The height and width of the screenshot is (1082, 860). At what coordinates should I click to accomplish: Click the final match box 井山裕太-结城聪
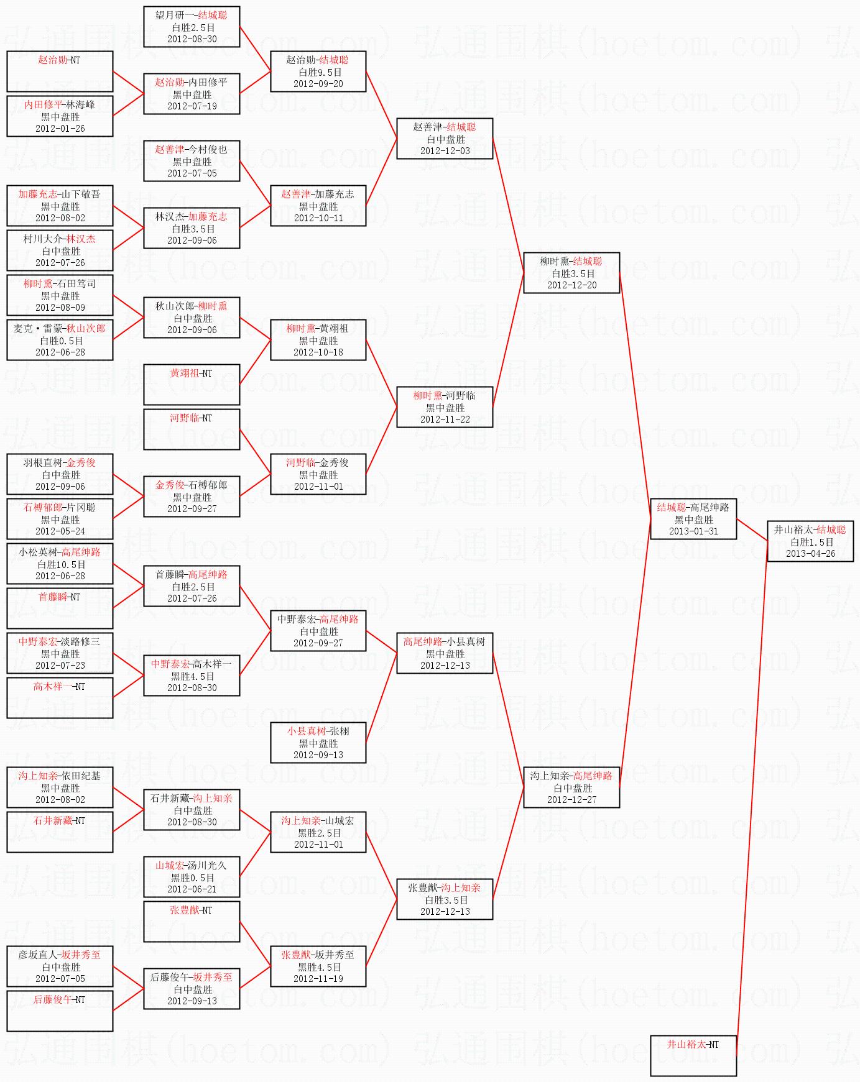click(x=810, y=541)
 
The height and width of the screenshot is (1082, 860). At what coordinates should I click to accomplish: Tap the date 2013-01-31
click(x=693, y=531)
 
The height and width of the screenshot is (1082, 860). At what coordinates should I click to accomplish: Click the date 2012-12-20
click(x=571, y=285)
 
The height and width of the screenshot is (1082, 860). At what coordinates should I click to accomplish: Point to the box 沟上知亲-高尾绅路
click(x=571, y=787)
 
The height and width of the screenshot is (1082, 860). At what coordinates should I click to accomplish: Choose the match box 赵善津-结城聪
click(x=445, y=139)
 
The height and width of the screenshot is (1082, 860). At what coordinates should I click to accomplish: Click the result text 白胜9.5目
click(x=318, y=72)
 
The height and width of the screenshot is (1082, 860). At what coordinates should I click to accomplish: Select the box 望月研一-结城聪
click(x=192, y=27)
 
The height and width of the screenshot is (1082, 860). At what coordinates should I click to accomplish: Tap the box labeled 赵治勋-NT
click(x=60, y=71)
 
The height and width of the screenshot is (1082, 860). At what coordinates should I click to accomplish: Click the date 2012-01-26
click(x=60, y=129)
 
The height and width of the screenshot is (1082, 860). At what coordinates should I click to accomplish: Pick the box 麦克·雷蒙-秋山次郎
click(x=60, y=340)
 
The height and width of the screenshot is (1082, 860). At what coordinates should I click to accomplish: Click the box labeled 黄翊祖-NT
click(x=192, y=385)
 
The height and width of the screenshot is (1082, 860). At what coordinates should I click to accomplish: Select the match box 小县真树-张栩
click(x=318, y=743)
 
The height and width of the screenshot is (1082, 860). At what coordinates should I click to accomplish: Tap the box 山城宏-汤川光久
click(x=192, y=877)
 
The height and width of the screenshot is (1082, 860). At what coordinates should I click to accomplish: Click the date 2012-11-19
click(x=318, y=979)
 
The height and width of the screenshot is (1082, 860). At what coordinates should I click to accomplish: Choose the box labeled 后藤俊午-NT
click(x=60, y=1011)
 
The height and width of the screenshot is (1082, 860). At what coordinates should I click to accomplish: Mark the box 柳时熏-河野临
click(x=445, y=407)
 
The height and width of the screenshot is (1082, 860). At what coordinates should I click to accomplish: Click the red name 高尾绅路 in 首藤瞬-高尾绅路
click(x=208, y=575)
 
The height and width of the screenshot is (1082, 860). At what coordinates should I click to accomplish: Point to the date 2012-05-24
click(x=60, y=531)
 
